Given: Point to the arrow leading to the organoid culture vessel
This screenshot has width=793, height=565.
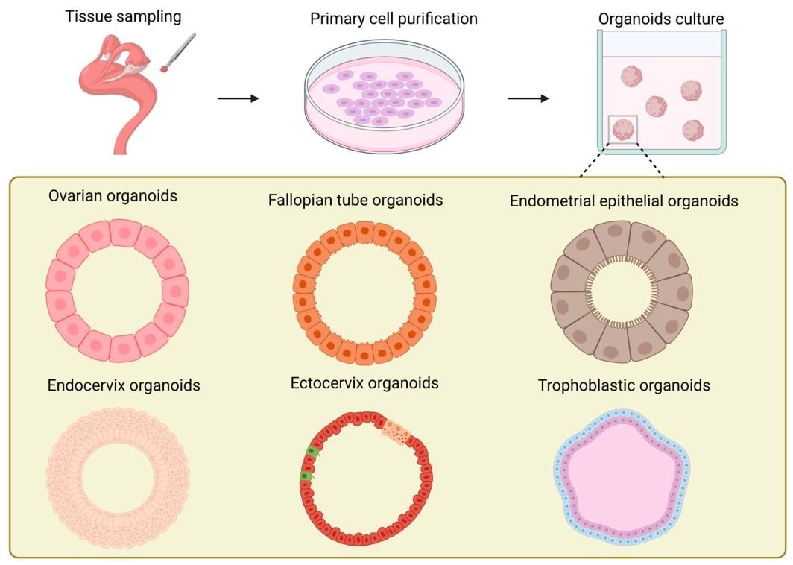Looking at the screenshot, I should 529,98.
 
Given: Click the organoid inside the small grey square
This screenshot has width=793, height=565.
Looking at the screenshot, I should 622,129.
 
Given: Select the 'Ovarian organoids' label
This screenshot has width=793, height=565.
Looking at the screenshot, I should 113,198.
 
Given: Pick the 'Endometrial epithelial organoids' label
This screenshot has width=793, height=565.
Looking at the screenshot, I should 624,201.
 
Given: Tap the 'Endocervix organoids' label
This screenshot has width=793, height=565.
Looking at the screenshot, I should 124,386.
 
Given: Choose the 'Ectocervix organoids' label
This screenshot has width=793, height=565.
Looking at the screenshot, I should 364,384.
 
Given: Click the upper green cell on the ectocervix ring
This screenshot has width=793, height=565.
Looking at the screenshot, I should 313,452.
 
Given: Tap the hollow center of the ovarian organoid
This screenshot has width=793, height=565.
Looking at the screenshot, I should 118,290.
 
